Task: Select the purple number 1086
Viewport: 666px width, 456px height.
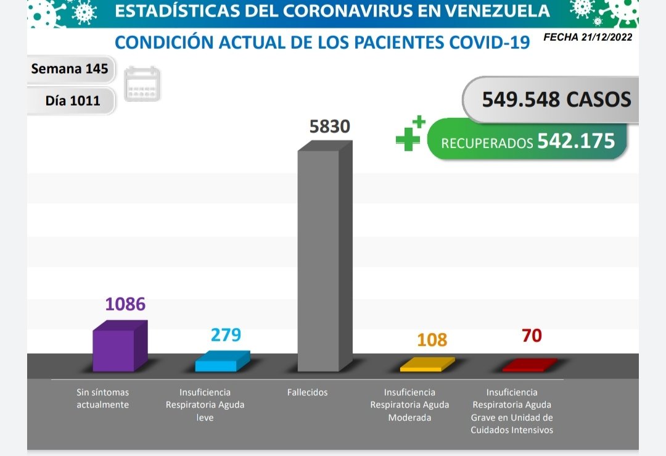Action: point(125,304)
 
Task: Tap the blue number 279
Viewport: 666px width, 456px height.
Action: point(226,335)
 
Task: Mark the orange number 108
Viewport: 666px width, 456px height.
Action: point(432,340)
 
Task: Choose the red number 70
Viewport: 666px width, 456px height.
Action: point(532,336)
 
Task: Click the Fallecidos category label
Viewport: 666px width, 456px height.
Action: point(308,392)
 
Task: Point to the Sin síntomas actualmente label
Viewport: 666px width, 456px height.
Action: point(103,399)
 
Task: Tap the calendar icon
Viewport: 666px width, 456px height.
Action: point(142,84)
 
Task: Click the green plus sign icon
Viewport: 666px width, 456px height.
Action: point(409,135)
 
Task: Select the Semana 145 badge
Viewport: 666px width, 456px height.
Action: point(70,68)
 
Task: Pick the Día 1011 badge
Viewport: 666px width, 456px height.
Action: point(72,100)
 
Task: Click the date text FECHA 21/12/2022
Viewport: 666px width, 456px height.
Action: point(588,37)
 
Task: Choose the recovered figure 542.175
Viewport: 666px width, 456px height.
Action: point(576,141)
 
